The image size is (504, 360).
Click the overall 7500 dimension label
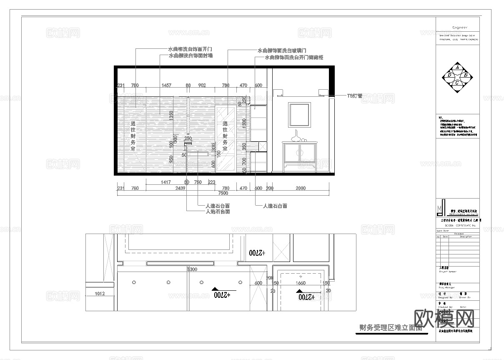[x=223, y=193]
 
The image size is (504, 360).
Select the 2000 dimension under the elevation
[x=301, y=188]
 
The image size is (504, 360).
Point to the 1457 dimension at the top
[x=166, y=86]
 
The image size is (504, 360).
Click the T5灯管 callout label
[x=354, y=96]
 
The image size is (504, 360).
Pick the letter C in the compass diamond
[x=457, y=83]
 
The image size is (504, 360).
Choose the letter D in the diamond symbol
[x=449, y=75]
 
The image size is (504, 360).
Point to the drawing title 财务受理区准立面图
[x=391, y=328]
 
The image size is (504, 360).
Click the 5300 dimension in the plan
[x=192, y=269]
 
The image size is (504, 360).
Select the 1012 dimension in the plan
[x=100, y=294]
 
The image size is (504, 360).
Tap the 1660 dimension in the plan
[x=301, y=283]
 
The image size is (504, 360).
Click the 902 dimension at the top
[x=202, y=86]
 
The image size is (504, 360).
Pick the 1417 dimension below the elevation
[x=165, y=182]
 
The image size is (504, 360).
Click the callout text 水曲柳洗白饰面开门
[x=190, y=49]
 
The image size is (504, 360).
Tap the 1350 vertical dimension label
[x=171, y=116]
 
